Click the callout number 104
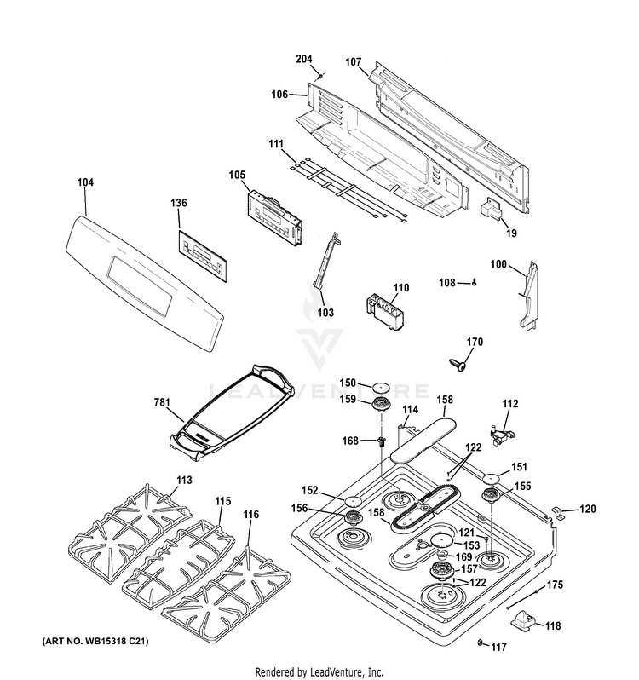tap(85, 182)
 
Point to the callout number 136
tap(179, 203)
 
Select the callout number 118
tap(553, 625)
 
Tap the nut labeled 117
tap(481, 641)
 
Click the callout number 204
tap(304, 59)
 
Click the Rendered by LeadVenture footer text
tap(319, 671)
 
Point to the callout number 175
tap(555, 585)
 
